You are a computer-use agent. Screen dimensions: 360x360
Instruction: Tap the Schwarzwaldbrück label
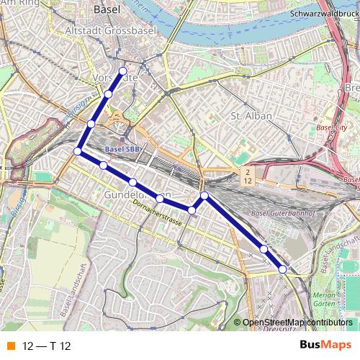[x=323, y=14]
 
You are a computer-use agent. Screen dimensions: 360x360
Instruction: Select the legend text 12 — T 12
[x=47, y=346]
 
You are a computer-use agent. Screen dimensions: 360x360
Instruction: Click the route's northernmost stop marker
[x=123, y=71]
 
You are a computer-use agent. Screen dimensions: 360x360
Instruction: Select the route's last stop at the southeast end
[x=282, y=269]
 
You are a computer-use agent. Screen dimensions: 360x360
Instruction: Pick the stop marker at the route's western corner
[x=77, y=150]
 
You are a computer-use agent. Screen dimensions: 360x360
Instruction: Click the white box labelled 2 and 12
[x=248, y=176]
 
